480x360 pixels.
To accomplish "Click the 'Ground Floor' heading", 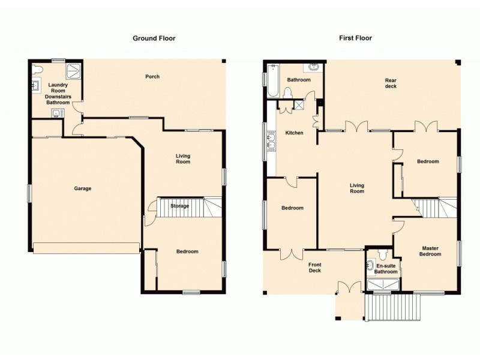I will click(154, 38).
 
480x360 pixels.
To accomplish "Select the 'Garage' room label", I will click(83, 188).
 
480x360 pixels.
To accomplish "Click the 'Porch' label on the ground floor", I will click(152, 76).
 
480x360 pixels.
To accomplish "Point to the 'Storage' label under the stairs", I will click(179, 206).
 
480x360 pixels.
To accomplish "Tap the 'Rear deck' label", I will click(391, 83).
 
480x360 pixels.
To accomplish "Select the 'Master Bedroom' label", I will click(431, 251).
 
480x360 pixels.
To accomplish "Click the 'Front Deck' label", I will click(315, 268).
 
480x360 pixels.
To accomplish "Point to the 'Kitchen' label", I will click(294, 133).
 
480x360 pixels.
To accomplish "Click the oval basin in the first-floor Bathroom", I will click(313, 68).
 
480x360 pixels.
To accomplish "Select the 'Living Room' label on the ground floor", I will click(183, 159).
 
